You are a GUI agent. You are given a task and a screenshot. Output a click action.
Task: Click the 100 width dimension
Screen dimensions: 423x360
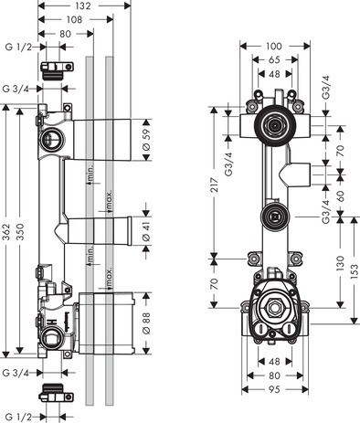coord(273,44)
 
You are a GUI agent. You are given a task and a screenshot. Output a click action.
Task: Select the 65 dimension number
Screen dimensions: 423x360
coord(273,61)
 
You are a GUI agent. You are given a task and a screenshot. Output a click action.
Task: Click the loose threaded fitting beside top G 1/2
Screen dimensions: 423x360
coord(54,67)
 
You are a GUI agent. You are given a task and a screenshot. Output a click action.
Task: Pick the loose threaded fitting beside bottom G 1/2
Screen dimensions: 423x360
coord(53,394)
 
